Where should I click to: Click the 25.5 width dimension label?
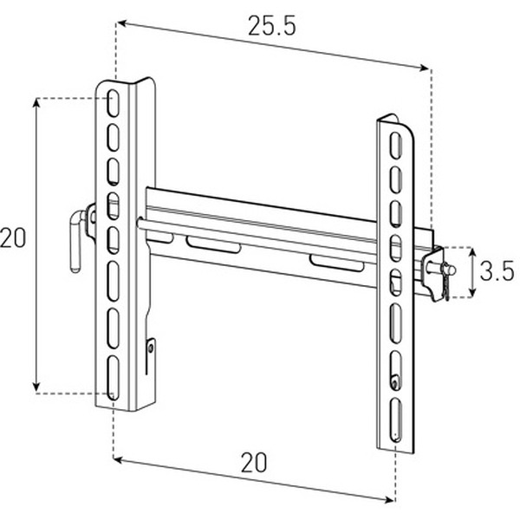tap(271, 25)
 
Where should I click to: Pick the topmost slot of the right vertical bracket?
tap(396, 144)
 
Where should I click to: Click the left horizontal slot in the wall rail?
tap(213, 245)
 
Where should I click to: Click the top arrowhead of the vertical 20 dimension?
tap(36, 103)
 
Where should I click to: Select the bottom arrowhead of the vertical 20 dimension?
tap(36, 387)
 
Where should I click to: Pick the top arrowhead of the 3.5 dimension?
tap(473, 250)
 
